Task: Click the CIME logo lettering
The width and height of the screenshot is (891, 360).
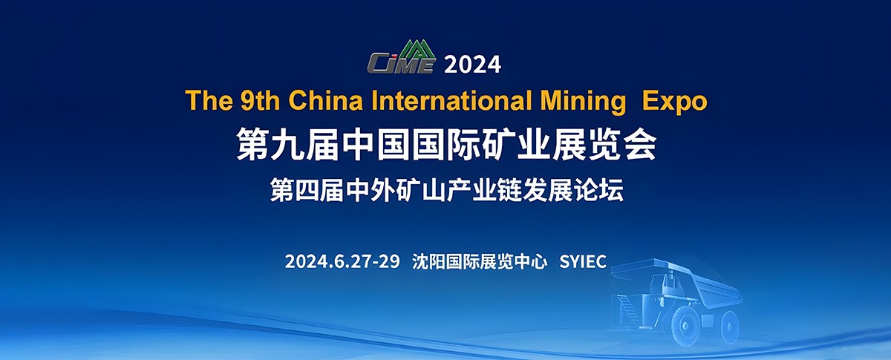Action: pyautogui.click(x=399, y=65)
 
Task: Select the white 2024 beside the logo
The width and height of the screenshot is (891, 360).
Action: pyautogui.click(x=473, y=65)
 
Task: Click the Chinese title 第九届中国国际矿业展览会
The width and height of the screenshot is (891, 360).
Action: pyautogui.click(x=446, y=144)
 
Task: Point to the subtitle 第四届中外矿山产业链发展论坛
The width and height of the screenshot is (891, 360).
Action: pyautogui.click(x=446, y=189)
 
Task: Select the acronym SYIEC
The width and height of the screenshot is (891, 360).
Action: pyautogui.click(x=583, y=261)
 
